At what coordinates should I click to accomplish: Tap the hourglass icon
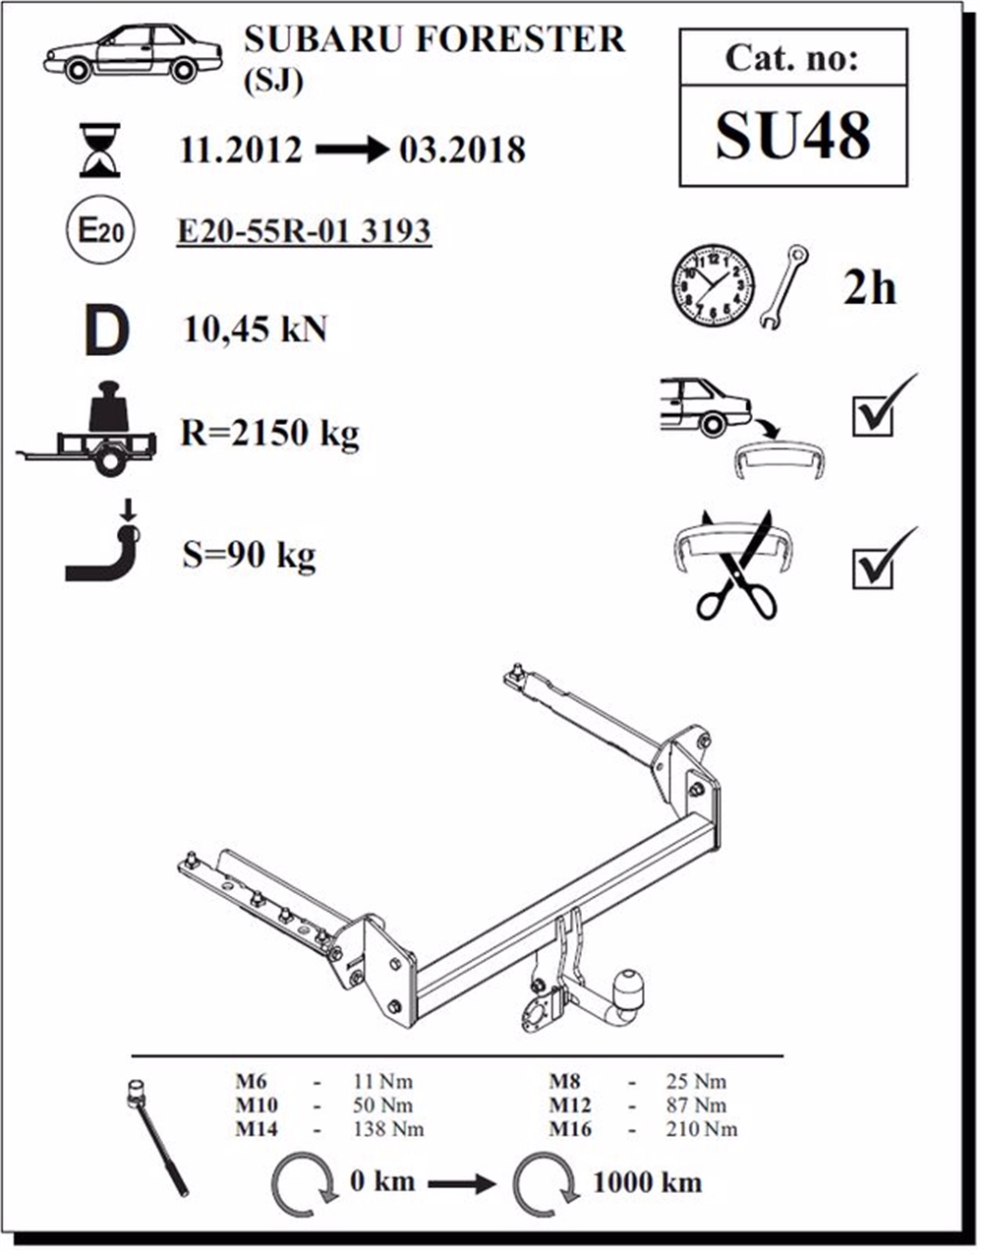(x=100, y=149)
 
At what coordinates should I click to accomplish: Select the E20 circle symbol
(x=99, y=232)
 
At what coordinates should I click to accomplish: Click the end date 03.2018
(x=462, y=149)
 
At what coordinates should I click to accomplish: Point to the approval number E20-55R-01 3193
(x=304, y=231)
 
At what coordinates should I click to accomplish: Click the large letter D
(x=105, y=331)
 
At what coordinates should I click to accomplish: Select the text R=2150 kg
(x=269, y=433)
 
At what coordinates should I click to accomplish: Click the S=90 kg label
(x=249, y=556)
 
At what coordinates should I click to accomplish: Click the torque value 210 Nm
(x=702, y=1128)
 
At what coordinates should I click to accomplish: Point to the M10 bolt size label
(x=256, y=1105)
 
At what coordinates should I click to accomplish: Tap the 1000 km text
(x=647, y=1181)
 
